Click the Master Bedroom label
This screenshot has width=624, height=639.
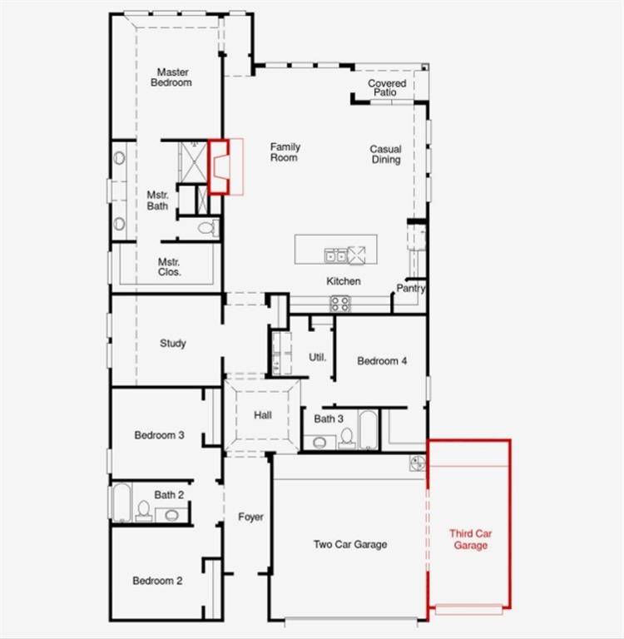[x=174, y=77]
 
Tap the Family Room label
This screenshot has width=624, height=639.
[x=285, y=151]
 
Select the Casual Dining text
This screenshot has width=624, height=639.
[x=385, y=154]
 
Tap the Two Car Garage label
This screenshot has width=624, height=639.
[x=349, y=545]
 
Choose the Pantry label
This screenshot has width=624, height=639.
[x=411, y=289]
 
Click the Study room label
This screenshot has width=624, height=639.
[x=172, y=344]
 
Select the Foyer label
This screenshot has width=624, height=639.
[x=250, y=518]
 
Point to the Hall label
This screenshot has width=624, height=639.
[x=263, y=415]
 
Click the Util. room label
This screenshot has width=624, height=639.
[x=317, y=358]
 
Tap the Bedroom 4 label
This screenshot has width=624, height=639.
[x=382, y=361]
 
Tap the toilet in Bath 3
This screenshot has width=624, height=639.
[x=346, y=438]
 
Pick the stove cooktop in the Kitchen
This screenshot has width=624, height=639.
[x=339, y=304]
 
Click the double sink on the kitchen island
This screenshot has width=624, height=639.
[x=336, y=255]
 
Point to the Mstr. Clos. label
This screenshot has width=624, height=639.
[x=170, y=266]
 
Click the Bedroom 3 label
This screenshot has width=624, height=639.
[x=159, y=435]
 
